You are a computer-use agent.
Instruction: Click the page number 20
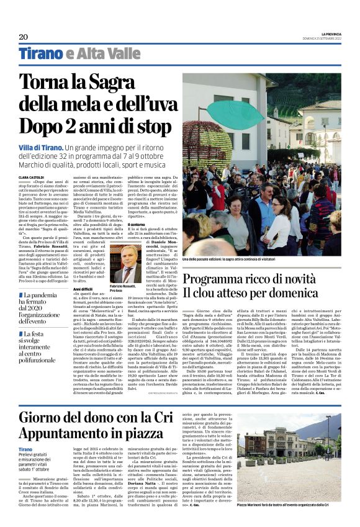pos(23,37)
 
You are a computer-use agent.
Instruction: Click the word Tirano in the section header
pos(41,54)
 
